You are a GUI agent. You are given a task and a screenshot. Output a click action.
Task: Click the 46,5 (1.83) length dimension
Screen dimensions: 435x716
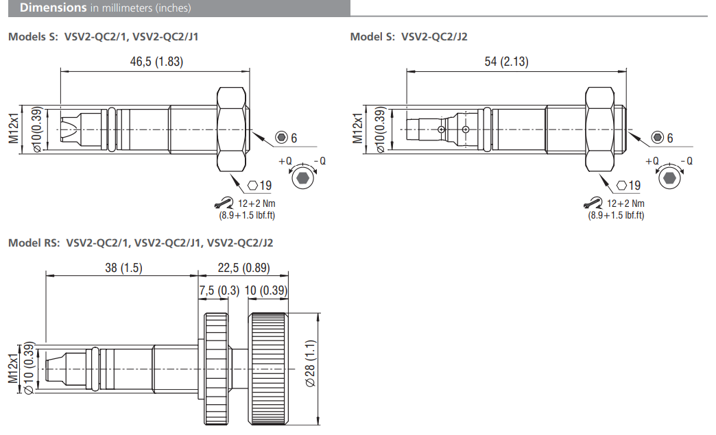coord(156,62)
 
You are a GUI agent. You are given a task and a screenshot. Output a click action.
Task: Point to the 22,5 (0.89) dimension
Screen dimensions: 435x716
coord(243,268)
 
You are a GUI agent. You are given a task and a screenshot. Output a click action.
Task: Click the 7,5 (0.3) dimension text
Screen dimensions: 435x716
coord(219,290)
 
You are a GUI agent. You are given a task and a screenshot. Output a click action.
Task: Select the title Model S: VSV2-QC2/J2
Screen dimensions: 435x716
coord(409,36)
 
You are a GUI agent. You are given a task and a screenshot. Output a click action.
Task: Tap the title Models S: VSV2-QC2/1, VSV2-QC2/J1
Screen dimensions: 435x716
coord(104,36)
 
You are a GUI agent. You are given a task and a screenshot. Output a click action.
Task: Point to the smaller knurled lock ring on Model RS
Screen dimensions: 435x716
coord(216,369)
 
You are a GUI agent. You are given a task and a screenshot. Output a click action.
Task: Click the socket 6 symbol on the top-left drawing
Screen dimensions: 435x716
coord(281,138)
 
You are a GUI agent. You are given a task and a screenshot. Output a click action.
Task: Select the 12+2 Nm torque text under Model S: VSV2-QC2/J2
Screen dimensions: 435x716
coord(625,203)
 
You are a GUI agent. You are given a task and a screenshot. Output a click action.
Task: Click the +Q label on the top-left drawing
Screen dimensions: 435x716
coord(285,161)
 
